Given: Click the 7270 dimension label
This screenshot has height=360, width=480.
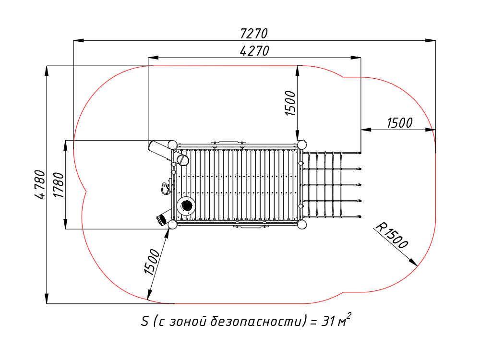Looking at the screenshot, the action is (254, 34).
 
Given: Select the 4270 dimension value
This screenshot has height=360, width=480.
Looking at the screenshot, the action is (254, 51).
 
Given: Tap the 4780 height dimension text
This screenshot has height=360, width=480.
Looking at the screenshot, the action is (40, 185).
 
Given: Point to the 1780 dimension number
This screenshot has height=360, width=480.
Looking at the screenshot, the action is (59, 185).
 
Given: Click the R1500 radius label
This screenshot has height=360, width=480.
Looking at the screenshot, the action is (392, 235).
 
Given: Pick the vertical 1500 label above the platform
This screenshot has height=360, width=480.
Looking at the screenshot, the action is (290, 103).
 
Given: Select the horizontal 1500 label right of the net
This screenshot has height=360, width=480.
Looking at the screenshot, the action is (399, 123).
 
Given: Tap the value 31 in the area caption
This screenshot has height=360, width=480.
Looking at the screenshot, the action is (328, 322).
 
